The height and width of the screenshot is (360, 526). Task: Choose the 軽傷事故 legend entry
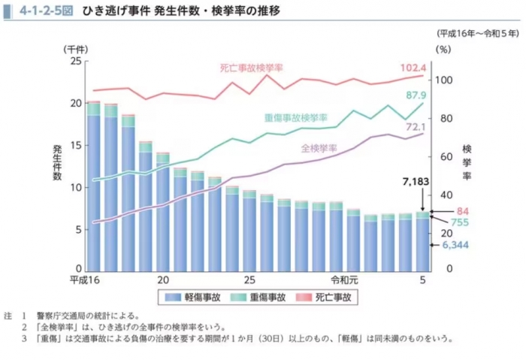[191, 298]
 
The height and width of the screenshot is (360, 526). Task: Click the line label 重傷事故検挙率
[295, 118]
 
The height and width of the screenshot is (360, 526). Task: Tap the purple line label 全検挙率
[319, 147]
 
